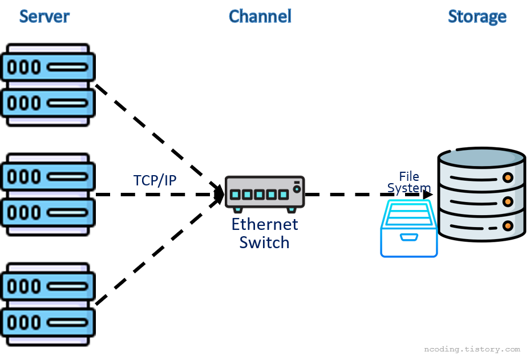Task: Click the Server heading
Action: pyautogui.click(x=44, y=17)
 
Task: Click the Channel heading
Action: pyautogui.click(x=260, y=17)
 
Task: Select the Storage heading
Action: pyautogui.click(x=477, y=17)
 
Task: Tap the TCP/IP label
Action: pyautogui.click(x=155, y=180)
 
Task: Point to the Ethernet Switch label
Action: pyautogui.click(x=265, y=233)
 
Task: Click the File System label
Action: pyautogui.click(x=409, y=181)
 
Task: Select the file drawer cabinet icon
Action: pyautogui.click(x=409, y=228)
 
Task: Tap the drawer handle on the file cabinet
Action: pyautogui.click(x=409, y=236)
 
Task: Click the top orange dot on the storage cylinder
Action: pyautogui.click(x=507, y=177)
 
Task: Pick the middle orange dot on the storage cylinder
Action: pyautogui.click(x=507, y=202)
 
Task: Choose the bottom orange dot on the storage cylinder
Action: pyautogui.click(x=507, y=226)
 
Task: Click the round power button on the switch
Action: pyautogui.click(x=296, y=189)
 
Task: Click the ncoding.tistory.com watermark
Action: pyautogui.click(x=472, y=349)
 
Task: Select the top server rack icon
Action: pyautogui.click(x=47, y=85)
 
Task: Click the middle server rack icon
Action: pyautogui.click(x=47, y=194)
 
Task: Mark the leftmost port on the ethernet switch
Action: pyautogui.click(x=235, y=195)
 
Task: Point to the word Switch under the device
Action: pyautogui.click(x=264, y=242)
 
